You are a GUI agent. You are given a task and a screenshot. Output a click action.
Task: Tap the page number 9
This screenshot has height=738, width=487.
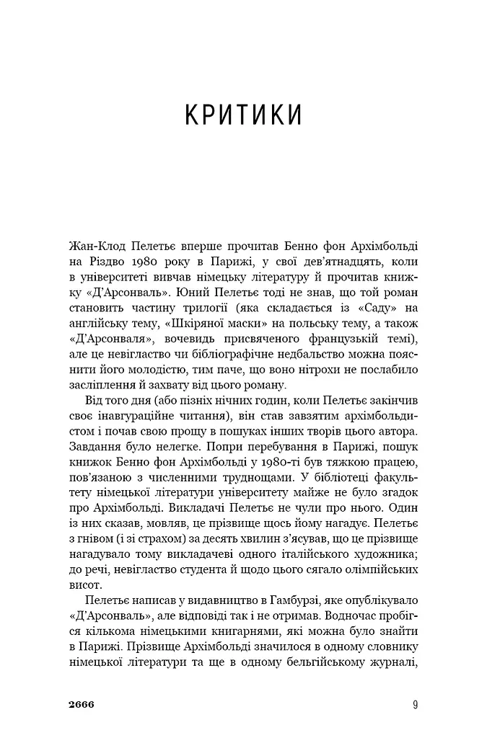tap(416, 704)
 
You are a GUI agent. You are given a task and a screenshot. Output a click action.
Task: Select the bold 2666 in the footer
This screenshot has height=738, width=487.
tap(82, 704)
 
